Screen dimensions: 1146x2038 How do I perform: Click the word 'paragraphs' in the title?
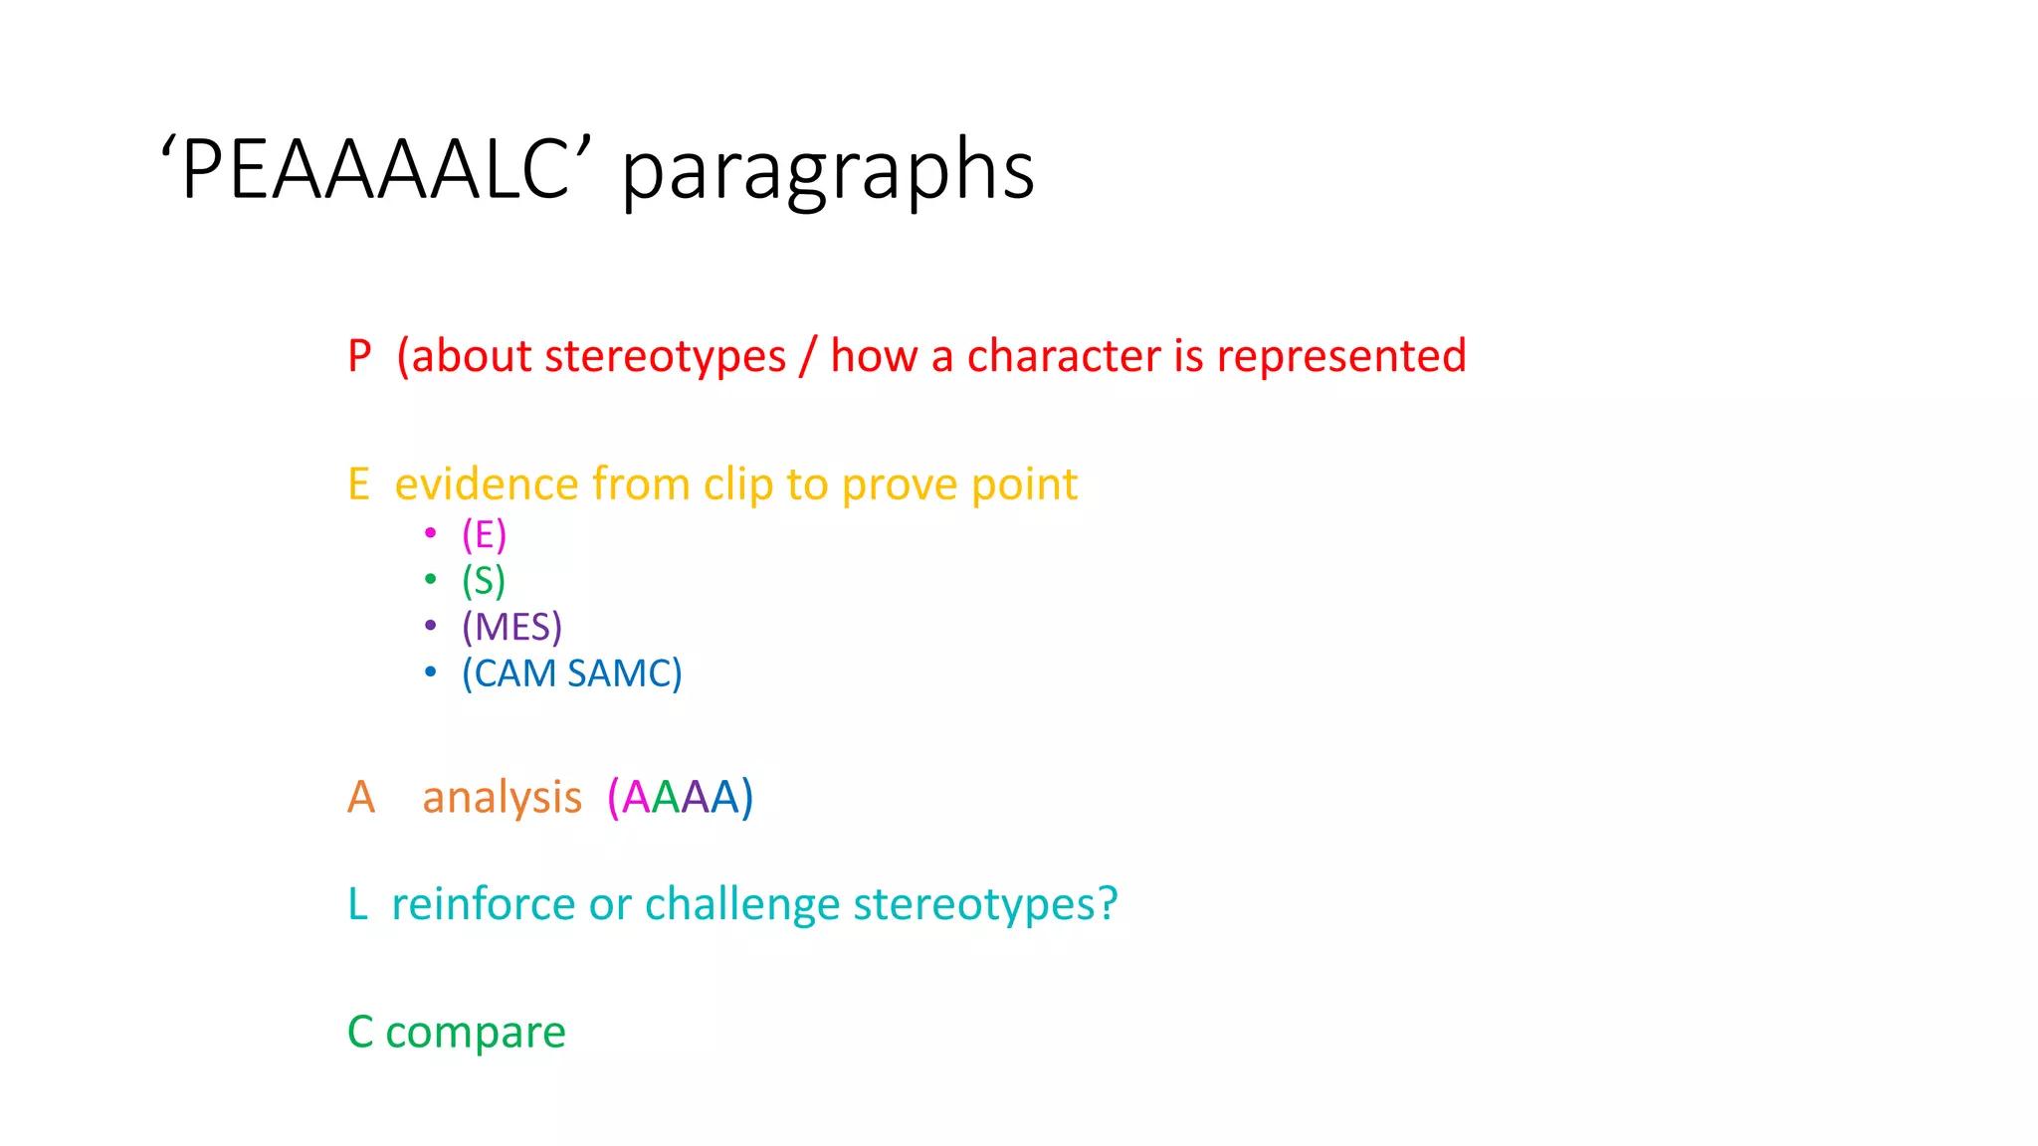(x=828, y=170)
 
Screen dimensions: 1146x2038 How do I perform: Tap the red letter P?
(x=359, y=356)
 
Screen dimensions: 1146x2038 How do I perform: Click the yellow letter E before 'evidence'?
(x=358, y=484)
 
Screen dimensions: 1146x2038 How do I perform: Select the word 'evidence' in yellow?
(x=487, y=484)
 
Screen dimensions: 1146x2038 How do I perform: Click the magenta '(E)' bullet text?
(x=484, y=535)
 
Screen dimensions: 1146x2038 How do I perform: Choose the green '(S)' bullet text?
(x=484, y=581)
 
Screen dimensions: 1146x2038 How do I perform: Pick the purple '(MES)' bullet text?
(x=511, y=627)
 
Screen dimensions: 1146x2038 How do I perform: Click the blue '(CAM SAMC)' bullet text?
(x=571, y=673)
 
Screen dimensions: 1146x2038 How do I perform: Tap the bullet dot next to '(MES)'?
(x=430, y=626)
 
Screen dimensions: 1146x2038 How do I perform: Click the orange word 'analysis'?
(x=502, y=798)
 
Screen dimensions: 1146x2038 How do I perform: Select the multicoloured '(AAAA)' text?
(x=681, y=798)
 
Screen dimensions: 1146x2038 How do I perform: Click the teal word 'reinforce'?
(x=483, y=904)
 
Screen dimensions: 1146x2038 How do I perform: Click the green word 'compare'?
(x=475, y=1033)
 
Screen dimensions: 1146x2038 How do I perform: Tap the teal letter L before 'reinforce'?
(x=357, y=904)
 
